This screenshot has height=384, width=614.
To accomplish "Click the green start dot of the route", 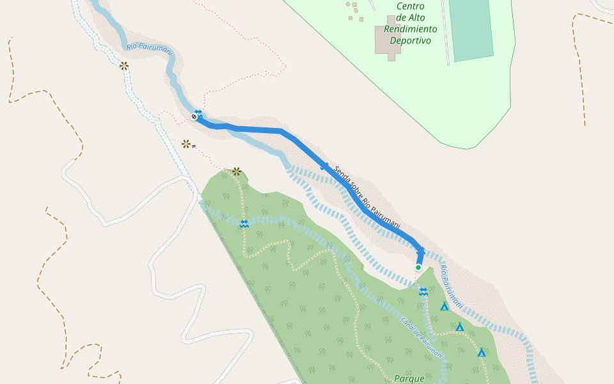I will [418, 268].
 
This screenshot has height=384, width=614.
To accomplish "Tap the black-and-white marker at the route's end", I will [194, 116].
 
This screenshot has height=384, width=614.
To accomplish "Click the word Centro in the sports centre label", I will [410, 6].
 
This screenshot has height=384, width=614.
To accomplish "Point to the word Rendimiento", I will [411, 29].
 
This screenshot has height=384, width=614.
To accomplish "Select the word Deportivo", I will [411, 40].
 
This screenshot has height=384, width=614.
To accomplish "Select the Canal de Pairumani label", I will [421, 337].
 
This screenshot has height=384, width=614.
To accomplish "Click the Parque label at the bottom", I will [409, 378].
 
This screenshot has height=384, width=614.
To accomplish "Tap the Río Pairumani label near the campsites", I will [452, 286].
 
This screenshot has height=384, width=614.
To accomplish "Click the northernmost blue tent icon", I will [444, 307].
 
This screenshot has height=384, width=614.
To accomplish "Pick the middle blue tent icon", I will [459, 328].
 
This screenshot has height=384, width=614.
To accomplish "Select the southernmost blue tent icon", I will [482, 353].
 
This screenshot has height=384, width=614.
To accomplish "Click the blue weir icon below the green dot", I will [423, 292].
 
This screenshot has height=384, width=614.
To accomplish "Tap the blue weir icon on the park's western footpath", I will [244, 223].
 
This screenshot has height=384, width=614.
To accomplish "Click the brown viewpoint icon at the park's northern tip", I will [237, 172].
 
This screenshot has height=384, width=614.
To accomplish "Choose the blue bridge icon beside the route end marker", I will [198, 112].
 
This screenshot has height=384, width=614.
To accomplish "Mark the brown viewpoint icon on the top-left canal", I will [123, 65].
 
